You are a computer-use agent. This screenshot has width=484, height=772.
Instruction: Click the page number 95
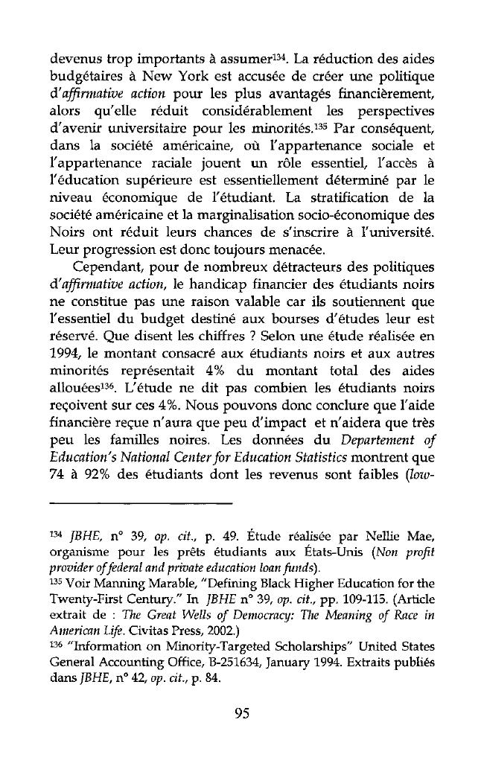[240, 714]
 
